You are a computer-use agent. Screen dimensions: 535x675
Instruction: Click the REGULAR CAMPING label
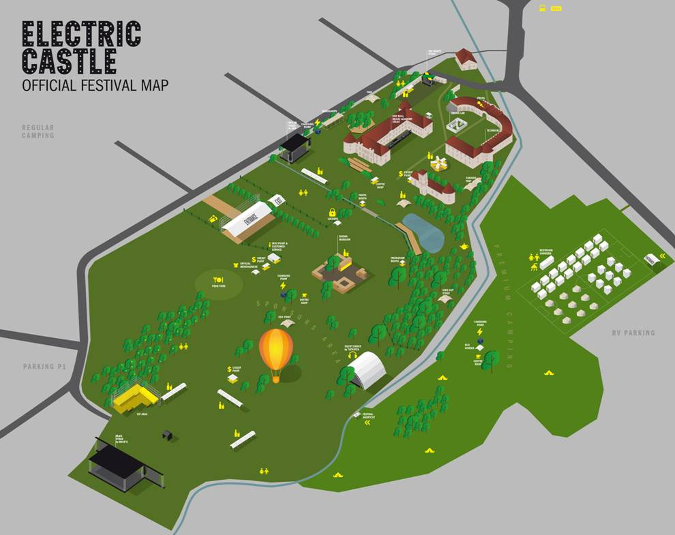click(x=37, y=132)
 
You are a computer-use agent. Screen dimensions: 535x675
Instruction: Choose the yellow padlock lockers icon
click(x=332, y=212)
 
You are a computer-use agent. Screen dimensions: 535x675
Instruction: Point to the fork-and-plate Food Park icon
click(x=219, y=279)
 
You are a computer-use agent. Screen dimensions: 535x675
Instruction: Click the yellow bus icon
click(x=543, y=8)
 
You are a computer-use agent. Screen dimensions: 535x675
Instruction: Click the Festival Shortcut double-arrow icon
click(x=368, y=423)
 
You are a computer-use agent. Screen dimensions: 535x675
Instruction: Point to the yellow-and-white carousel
click(x=438, y=164)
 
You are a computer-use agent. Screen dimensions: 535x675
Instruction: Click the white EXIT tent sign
click(x=277, y=201)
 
